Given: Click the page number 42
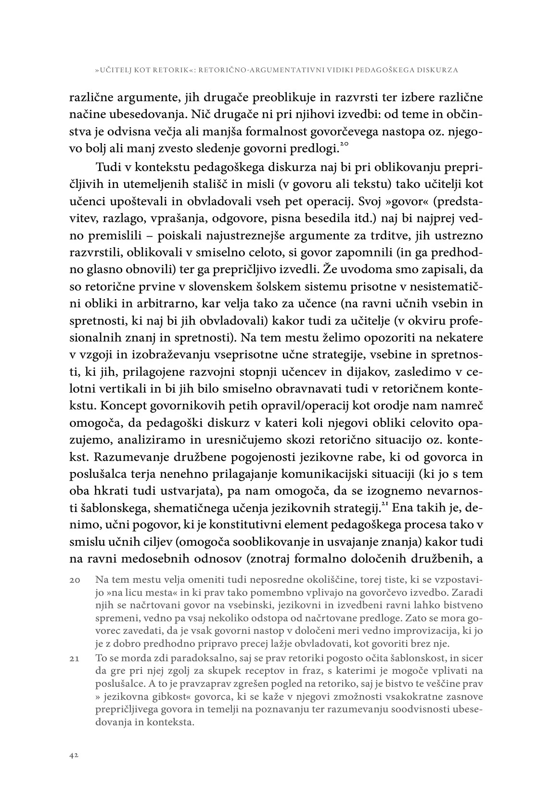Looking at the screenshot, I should (74, 756).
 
